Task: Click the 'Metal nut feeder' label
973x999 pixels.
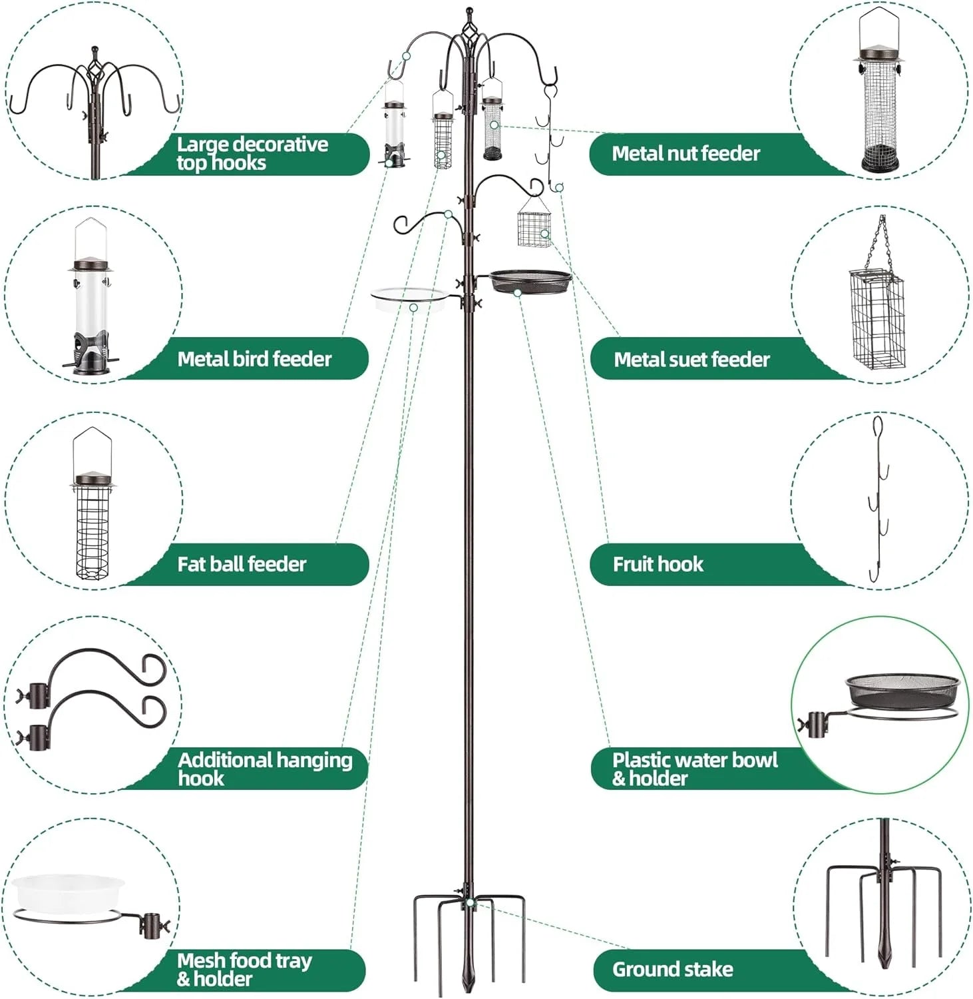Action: coord(685,154)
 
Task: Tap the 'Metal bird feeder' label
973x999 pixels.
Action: coord(254,359)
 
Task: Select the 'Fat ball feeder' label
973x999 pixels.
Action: coord(242,564)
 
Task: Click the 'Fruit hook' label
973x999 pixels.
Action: coord(658,564)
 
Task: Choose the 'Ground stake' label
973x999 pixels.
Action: coord(672,969)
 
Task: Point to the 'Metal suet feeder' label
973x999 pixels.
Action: coord(691,360)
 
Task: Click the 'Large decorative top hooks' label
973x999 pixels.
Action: coord(252,153)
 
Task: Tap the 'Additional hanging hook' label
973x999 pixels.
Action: coord(264,769)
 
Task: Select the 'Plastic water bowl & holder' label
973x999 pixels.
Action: coord(694,769)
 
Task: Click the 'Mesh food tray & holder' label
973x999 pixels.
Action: coord(244,969)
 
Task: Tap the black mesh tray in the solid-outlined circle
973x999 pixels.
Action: coord(902,691)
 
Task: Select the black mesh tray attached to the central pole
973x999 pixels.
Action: coord(530,280)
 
